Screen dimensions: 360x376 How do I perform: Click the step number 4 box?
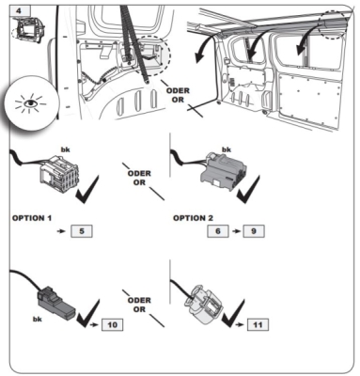tap(19, 11)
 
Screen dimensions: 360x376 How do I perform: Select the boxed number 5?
tap(82, 231)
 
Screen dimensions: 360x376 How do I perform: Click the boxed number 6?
tap(218, 231)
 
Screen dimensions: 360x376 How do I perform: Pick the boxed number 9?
tap(254, 231)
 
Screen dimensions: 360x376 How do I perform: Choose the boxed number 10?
tap(112, 324)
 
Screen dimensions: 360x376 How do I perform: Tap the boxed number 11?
tap(258, 324)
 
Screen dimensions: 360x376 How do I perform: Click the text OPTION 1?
tap(32, 218)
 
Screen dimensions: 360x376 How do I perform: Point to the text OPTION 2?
tap(193, 218)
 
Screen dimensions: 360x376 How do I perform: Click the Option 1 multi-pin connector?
tap(59, 173)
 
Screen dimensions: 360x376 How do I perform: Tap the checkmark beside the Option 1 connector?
tap(88, 190)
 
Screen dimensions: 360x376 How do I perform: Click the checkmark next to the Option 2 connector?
tap(249, 190)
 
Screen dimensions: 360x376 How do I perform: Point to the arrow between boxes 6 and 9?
tap(236, 231)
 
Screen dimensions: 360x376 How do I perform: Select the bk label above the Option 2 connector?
tap(227, 149)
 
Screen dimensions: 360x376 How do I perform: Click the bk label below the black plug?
tap(38, 320)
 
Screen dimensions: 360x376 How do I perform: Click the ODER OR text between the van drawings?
tap(178, 95)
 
